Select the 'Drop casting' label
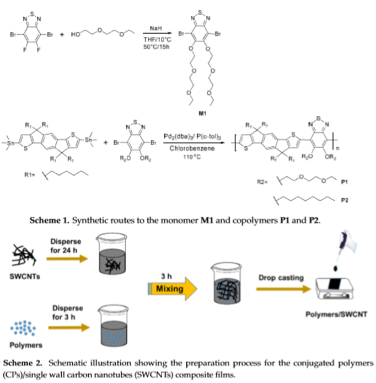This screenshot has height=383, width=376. [x=281, y=278]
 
